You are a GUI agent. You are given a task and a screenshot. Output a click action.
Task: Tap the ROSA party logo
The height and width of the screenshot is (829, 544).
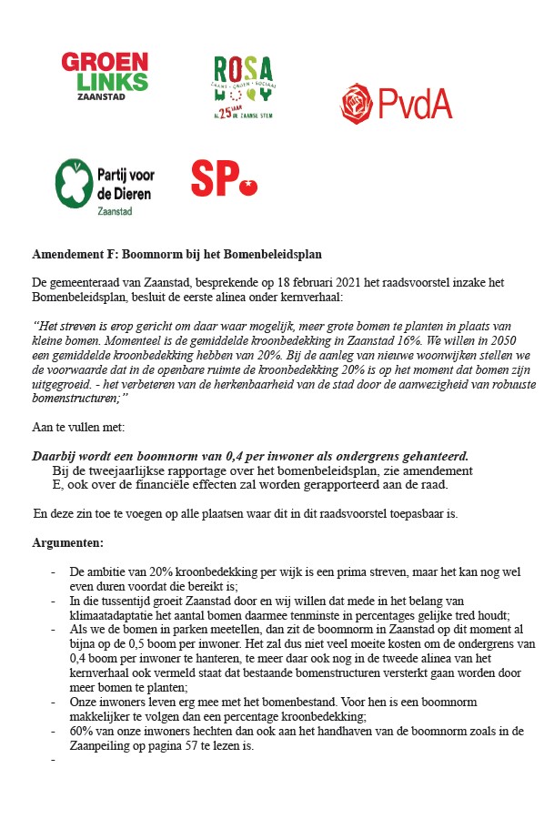pos(243,87)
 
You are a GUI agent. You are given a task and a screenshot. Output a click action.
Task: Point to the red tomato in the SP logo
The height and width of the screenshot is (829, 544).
pos(247,187)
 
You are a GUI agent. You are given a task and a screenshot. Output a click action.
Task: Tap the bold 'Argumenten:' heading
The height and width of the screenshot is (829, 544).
pos(68,542)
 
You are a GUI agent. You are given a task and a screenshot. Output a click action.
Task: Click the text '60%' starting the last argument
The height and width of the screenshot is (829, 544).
pos(81,731)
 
